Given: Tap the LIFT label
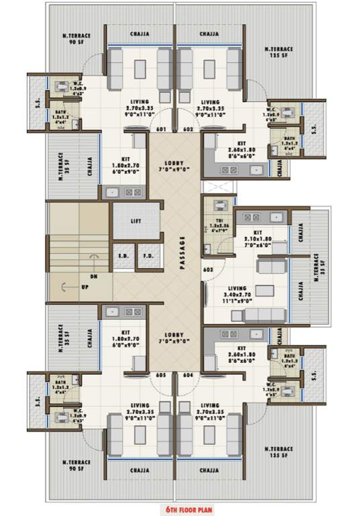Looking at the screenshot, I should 136,221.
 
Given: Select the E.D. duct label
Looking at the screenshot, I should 124,255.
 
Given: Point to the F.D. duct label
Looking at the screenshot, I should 148,255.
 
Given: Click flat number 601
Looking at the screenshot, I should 161,129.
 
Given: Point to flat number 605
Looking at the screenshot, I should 161,376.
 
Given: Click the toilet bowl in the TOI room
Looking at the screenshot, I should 218,206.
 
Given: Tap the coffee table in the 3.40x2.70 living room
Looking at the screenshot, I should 267,292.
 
